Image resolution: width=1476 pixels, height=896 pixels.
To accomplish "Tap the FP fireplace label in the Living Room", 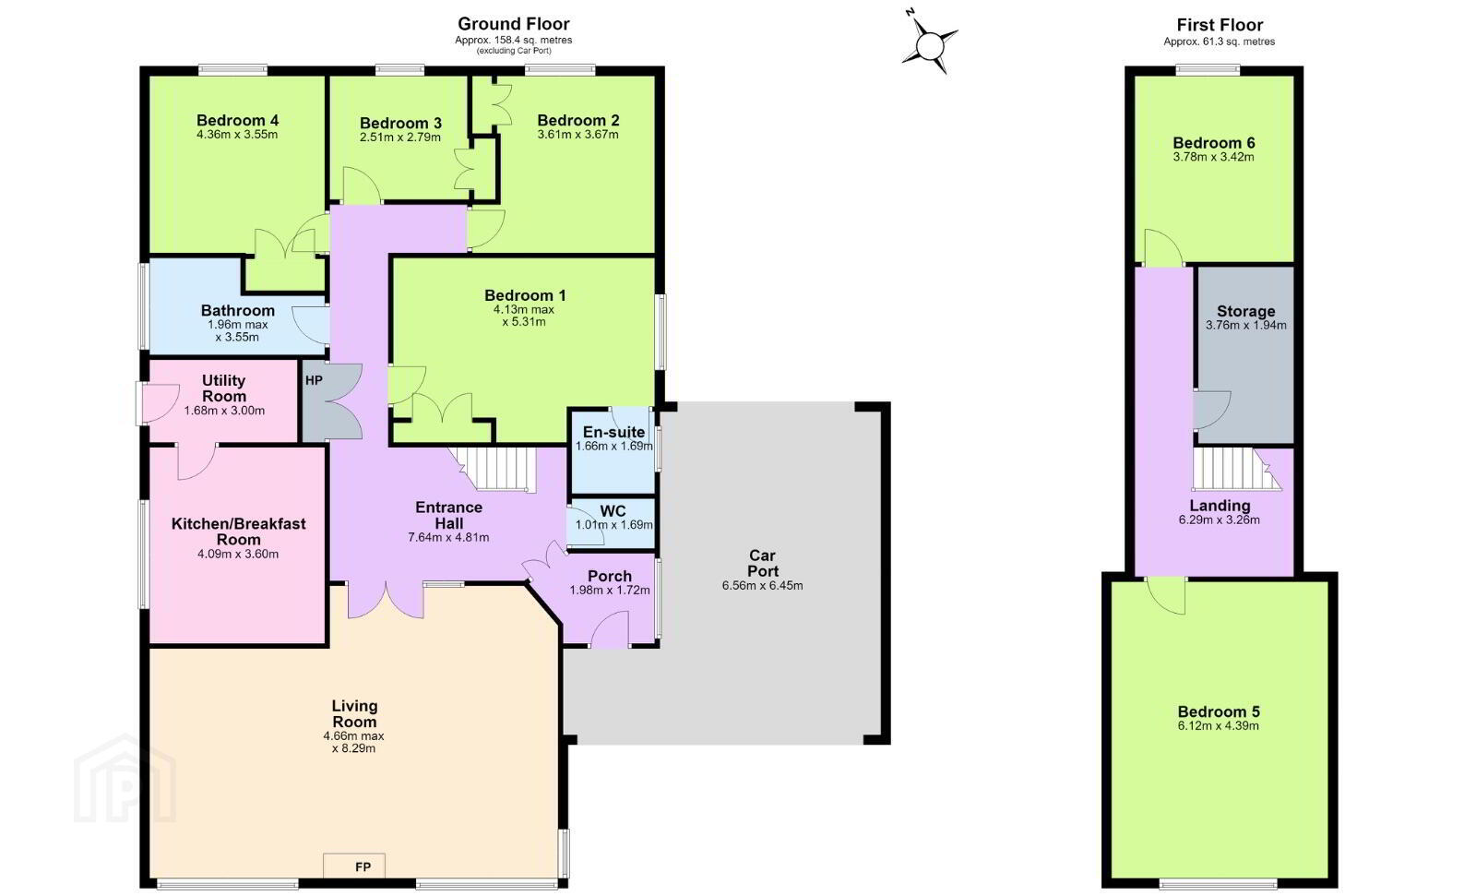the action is click(x=363, y=867).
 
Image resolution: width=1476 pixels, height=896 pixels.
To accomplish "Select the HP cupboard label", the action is click(x=314, y=380).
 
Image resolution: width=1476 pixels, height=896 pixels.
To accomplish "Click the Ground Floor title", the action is click(x=513, y=24).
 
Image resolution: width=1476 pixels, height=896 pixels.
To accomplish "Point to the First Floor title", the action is click(x=1220, y=25).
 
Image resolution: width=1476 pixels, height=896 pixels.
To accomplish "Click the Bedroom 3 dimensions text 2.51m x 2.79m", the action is click(x=400, y=137).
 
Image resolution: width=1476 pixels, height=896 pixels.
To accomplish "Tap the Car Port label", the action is click(x=762, y=563).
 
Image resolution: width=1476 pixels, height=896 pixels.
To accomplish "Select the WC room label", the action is click(x=613, y=511).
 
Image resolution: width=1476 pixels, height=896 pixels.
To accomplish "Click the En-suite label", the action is click(x=613, y=432).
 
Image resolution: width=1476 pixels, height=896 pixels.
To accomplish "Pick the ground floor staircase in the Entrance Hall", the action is click(x=495, y=468).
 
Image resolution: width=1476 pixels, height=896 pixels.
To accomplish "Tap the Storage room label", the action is click(x=1245, y=311).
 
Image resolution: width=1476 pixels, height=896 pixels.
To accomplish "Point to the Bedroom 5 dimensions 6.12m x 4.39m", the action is click(x=1219, y=726).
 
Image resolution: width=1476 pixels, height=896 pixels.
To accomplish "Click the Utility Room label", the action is click(x=224, y=388).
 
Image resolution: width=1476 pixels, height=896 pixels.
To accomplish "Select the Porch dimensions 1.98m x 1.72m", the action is click(x=610, y=590).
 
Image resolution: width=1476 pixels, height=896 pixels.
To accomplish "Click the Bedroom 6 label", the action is click(x=1214, y=143).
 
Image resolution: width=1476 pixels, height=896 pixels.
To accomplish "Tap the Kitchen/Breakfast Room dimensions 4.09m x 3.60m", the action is click(x=238, y=554).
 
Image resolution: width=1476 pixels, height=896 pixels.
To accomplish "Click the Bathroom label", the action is click(x=237, y=311).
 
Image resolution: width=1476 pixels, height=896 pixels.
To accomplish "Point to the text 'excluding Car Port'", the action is click(x=515, y=51).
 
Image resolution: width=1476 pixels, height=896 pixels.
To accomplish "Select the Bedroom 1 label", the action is click(x=525, y=295).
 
